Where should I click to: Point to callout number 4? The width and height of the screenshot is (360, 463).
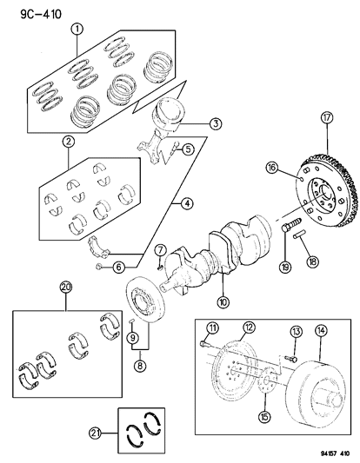click(185, 205)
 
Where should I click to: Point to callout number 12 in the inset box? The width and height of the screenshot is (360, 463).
click(225, 327)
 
